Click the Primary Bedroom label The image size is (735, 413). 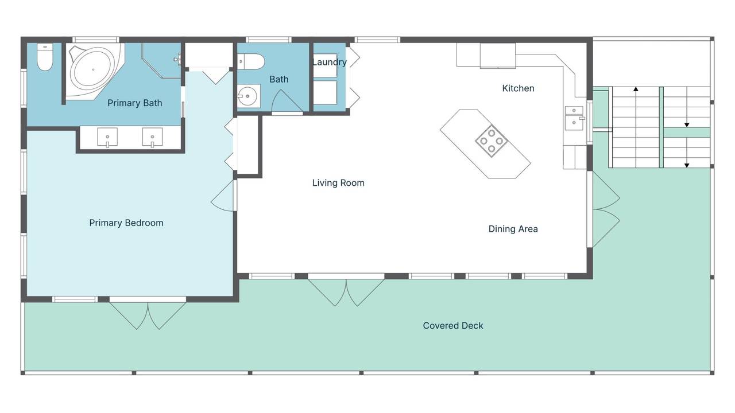coord(126,223)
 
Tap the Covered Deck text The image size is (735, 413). coord(453,325)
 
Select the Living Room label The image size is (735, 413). coord(338,183)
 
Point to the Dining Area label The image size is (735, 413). coord(513,229)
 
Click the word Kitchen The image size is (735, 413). coord(518,88)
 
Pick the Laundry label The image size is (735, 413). coord(330,63)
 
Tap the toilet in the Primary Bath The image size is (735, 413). coord(45,57)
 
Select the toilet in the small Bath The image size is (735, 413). coord(251,62)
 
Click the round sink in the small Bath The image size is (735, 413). coord(247,96)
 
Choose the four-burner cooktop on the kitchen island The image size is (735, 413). coord(491,141)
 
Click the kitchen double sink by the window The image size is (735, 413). coord(574,118)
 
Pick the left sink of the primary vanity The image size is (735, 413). coord(107,137)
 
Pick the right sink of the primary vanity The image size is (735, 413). coord(152,137)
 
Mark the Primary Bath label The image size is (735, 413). coord(135,103)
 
